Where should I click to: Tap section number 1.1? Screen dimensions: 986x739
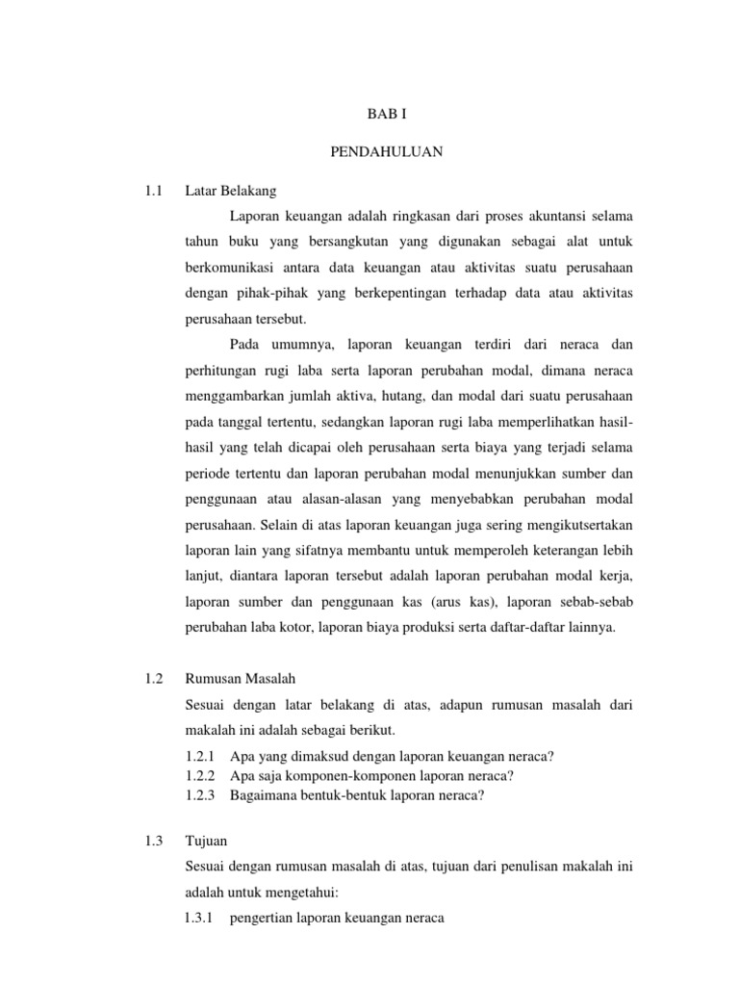tap(151, 191)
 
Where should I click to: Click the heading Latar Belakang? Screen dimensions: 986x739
tap(230, 191)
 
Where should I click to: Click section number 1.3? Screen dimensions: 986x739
tap(151, 841)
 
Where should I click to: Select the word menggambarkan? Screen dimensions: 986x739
tap(232, 397)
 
